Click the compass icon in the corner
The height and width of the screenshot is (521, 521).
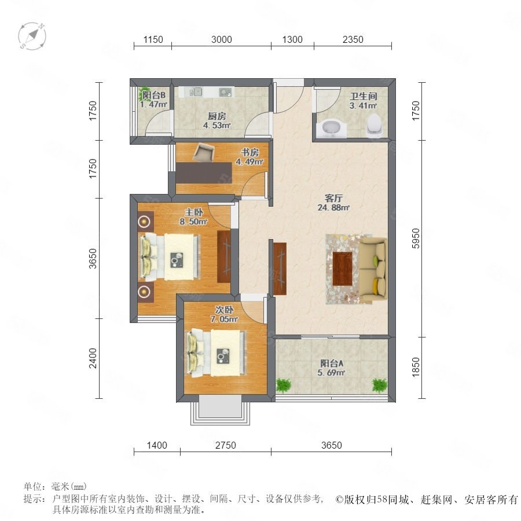pyautogui.click(x=32, y=36)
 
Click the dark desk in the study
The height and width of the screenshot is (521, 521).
pyautogui.click(x=204, y=173)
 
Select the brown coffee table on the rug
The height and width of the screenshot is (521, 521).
pyautogui.click(x=343, y=269)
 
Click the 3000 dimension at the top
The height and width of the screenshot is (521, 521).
pyautogui.click(x=221, y=39)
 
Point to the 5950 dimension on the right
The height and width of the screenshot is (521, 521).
pyautogui.click(x=416, y=239)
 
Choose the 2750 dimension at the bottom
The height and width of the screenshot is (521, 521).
pyautogui.click(x=226, y=445)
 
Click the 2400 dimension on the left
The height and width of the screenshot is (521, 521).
pyautogui.click(x=93, y=358)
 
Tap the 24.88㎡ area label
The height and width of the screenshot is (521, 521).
pyautogui.click(x=333, y=208)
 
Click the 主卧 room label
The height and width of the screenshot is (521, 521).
pyautogui.click(x=194, y=212)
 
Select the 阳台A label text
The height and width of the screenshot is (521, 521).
pyautogui.click(x=332, y=363)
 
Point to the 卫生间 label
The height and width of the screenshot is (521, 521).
pyautogui.click(x=364, y=96)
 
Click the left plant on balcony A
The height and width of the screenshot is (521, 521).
pyautogui.click(x=283, y=385)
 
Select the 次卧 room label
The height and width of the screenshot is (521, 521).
pyautogui.click(x=224, y=310)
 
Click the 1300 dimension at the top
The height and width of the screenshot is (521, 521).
pyautogui.click(x=292, y=39)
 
